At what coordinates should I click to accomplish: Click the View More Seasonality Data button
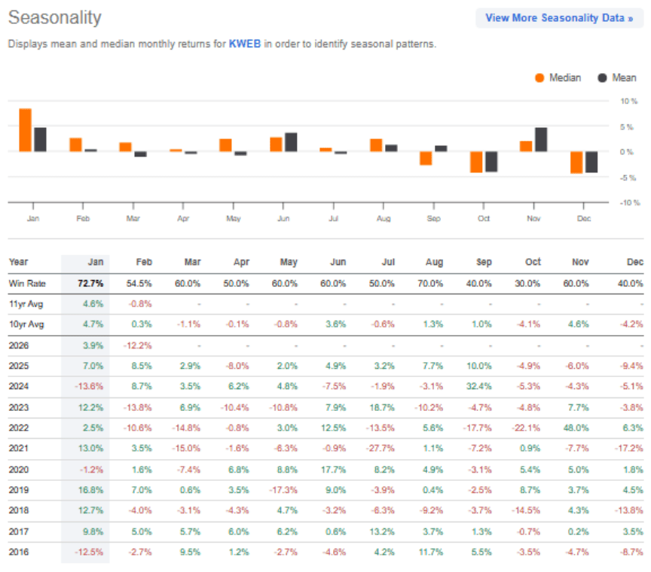559,18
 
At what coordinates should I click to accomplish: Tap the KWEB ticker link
245,44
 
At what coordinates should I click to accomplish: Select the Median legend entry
558,78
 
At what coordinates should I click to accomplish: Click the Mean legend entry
617,78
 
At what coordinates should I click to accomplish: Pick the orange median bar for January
26,130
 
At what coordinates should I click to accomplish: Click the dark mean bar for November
541,139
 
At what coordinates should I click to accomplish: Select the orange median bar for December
576,162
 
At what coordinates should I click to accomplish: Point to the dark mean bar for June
291,142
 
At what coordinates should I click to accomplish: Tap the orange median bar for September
426,158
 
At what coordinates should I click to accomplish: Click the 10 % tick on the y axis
628,101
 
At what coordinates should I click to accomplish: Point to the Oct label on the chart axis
483,218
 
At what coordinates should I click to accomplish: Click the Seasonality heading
55,17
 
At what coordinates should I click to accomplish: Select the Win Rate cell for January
90,284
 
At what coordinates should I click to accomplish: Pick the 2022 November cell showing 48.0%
576,427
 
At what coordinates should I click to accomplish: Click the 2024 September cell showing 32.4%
478,386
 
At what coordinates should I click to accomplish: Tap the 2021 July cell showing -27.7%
381,449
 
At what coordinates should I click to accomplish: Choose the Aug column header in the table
434,262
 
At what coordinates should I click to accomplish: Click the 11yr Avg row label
26,304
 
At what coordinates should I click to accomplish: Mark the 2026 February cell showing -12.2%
137,345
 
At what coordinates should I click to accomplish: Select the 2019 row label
19,490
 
